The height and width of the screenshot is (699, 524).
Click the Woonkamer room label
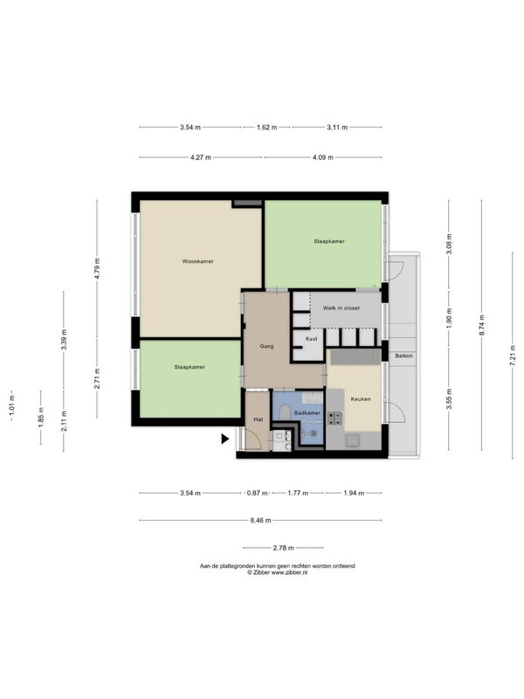point(198,261)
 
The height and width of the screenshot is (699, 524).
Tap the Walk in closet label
point(341,308)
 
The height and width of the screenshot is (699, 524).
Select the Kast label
point(312,339)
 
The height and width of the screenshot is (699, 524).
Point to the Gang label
point(266,346)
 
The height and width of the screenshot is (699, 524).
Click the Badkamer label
point(307,412)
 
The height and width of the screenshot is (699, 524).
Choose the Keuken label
point(361,399)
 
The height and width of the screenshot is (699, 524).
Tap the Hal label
point(258,419)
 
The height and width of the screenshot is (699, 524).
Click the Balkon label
point(403,356)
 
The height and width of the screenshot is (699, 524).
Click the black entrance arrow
point(225,439)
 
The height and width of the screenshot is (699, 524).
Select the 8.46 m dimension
point(260,520)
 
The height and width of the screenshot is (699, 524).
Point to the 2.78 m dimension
point(283,548)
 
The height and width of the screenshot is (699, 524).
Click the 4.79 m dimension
point(97,268)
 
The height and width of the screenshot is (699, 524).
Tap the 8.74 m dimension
point(482,325)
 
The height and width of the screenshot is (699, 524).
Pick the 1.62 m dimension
point(266,128)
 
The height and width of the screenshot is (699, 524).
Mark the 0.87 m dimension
point(257,493)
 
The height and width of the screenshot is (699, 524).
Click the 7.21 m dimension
point(513,356)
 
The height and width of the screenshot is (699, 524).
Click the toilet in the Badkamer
point(286,412)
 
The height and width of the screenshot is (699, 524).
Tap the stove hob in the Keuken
point(335,419)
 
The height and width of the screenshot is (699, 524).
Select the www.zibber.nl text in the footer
point(290,573)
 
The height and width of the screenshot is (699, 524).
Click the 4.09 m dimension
point(322,157)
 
